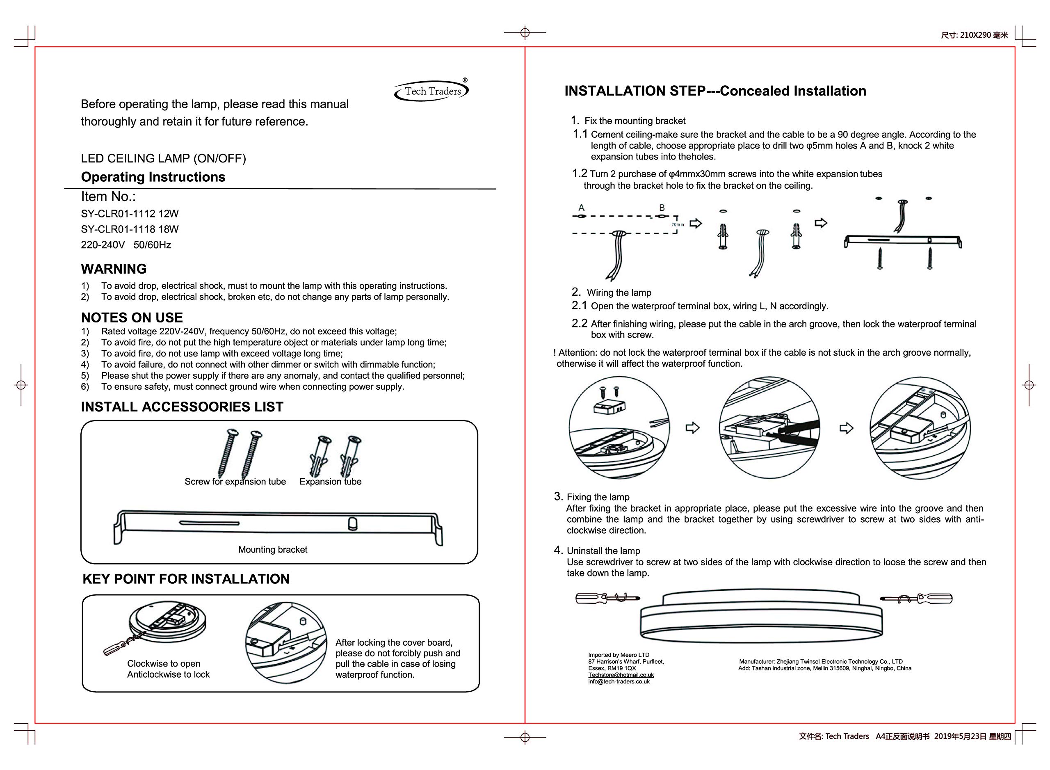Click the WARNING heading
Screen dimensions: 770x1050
[114, 269]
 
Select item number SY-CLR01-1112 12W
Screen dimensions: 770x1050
[130, 214]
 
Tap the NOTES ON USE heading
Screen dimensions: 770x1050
[132, 318]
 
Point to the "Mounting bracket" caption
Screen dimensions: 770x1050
[273, 550]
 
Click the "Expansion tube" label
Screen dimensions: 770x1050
[331, 482]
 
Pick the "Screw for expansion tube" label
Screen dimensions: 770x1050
[235, 482]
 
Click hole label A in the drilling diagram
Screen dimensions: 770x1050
[581, 208]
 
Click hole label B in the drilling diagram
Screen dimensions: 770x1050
[662, 208]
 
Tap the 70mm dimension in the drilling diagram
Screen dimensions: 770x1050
[677, 225]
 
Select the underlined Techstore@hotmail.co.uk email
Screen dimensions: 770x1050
[621, 675]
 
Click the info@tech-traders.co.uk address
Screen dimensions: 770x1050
[619, 681]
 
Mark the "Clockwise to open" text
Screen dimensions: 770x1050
[164, 663]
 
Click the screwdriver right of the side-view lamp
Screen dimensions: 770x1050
[916, 598]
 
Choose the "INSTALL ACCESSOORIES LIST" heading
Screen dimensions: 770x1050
[182, 407]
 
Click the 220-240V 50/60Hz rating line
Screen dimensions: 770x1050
[126, 245]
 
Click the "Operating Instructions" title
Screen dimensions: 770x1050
[153, 177]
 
